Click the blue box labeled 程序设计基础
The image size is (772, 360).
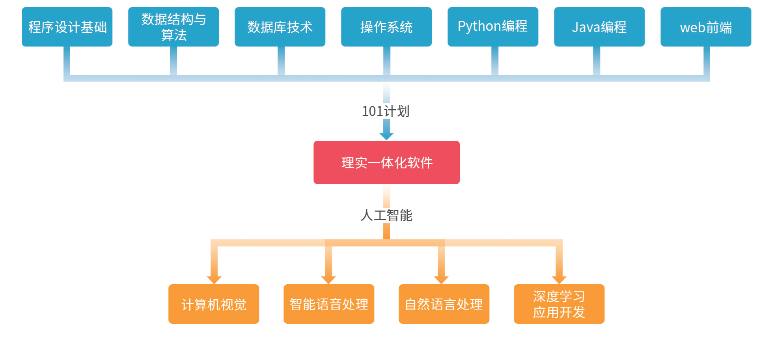[x=67, y=27]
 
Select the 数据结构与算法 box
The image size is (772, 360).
[x=173, y=27]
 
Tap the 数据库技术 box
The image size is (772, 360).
[x=280, y=27]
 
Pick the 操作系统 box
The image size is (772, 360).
[x=386, y=27]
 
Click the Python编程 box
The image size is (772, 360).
[x=493, y=27]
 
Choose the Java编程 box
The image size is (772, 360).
[x=599, y=27]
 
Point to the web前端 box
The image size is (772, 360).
[x=706, y=27]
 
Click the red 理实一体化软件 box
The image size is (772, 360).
[x=386, y=162]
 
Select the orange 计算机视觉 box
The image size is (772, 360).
[x=214, y=304]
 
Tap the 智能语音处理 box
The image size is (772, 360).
[x=329, y=304]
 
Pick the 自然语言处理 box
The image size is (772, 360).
[x=444, y=304]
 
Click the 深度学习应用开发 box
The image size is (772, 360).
[x=559, y=304]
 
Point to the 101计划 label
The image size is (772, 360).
[x=386, y=111]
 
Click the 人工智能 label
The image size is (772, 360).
[x=386, y=215]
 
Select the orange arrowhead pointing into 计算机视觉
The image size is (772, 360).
[x=214, y=280]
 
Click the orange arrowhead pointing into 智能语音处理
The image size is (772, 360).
[x=328, y=280]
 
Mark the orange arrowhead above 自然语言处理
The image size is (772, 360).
[x=441, y=280]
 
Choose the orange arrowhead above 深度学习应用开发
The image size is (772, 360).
[x=559, y=280]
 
